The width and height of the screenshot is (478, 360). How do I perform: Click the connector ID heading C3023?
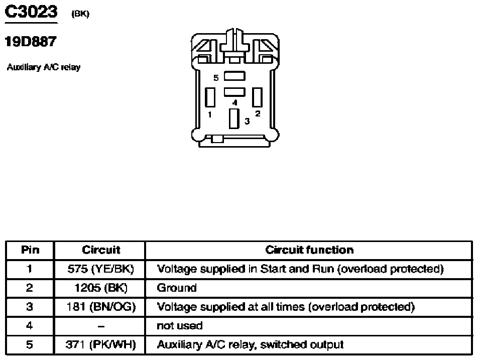click(31, 12)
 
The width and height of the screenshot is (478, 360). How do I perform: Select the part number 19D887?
click(31, 42)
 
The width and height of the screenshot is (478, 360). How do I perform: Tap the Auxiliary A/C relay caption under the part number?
click(44, 67)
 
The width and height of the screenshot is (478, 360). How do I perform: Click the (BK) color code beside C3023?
click(80, 14)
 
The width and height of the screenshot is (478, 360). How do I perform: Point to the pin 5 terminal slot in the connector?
click(234, 76)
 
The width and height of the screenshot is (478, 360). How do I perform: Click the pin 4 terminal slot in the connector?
click(234, 92)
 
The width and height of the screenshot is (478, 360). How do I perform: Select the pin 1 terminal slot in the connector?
click(210, 97)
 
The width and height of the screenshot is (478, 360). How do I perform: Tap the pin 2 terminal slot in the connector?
click(257, 97)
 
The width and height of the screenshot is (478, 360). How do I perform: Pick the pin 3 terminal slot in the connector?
click(234, 118)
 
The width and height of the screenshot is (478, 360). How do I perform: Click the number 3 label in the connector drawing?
click(247, 122)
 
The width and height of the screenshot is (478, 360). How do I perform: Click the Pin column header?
click(30, 250)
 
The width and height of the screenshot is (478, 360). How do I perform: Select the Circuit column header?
click(101, 250)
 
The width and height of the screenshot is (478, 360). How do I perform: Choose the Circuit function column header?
click(309, 250)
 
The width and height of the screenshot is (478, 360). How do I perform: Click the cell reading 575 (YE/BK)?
click(100, 269)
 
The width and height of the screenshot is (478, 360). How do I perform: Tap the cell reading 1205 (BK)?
click(100, 288)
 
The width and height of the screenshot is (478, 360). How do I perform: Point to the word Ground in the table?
click(177, 288)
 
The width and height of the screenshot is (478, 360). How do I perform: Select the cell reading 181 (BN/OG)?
click(101, 307)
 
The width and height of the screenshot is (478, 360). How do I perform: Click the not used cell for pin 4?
click(180, 326)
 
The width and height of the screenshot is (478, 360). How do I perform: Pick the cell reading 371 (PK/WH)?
click(100, 345)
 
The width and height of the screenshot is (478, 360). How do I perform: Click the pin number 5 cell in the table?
click(29, 345)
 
